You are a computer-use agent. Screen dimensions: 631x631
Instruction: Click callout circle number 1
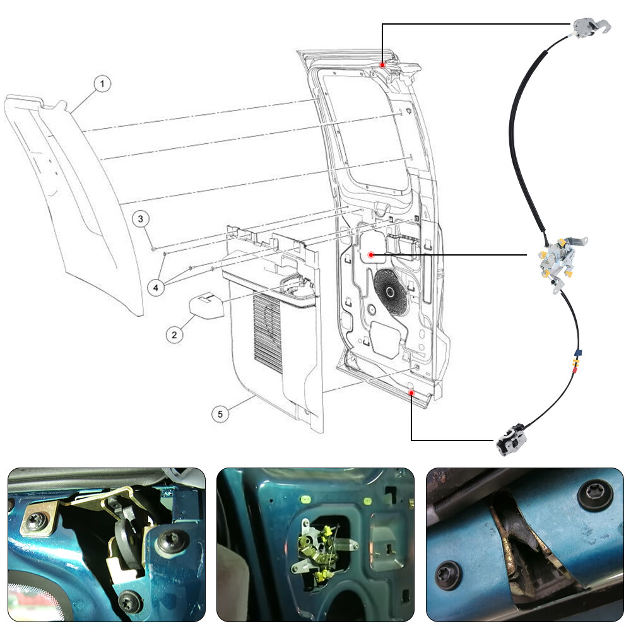tap(102, 84)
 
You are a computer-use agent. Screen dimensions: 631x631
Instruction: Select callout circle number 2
tap(174, 335)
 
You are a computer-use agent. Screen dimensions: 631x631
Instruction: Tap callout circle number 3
tap(141, 219)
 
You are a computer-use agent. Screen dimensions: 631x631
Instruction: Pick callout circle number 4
tap(156, 287)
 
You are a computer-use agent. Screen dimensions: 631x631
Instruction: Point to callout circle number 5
tap(220, 414)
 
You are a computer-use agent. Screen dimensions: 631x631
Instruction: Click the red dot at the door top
tap(382, 65)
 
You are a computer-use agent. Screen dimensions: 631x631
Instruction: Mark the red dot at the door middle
tap(371, 255)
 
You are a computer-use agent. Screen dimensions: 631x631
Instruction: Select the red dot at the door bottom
tap(411, 393)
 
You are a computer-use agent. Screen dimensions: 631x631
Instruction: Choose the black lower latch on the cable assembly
tap(511, 440)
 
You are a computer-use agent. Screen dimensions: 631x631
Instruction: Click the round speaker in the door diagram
tap(390, 292)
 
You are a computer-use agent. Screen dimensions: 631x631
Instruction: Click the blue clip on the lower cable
tap(578, 353)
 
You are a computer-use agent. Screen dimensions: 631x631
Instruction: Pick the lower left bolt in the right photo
tap(449, 575)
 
